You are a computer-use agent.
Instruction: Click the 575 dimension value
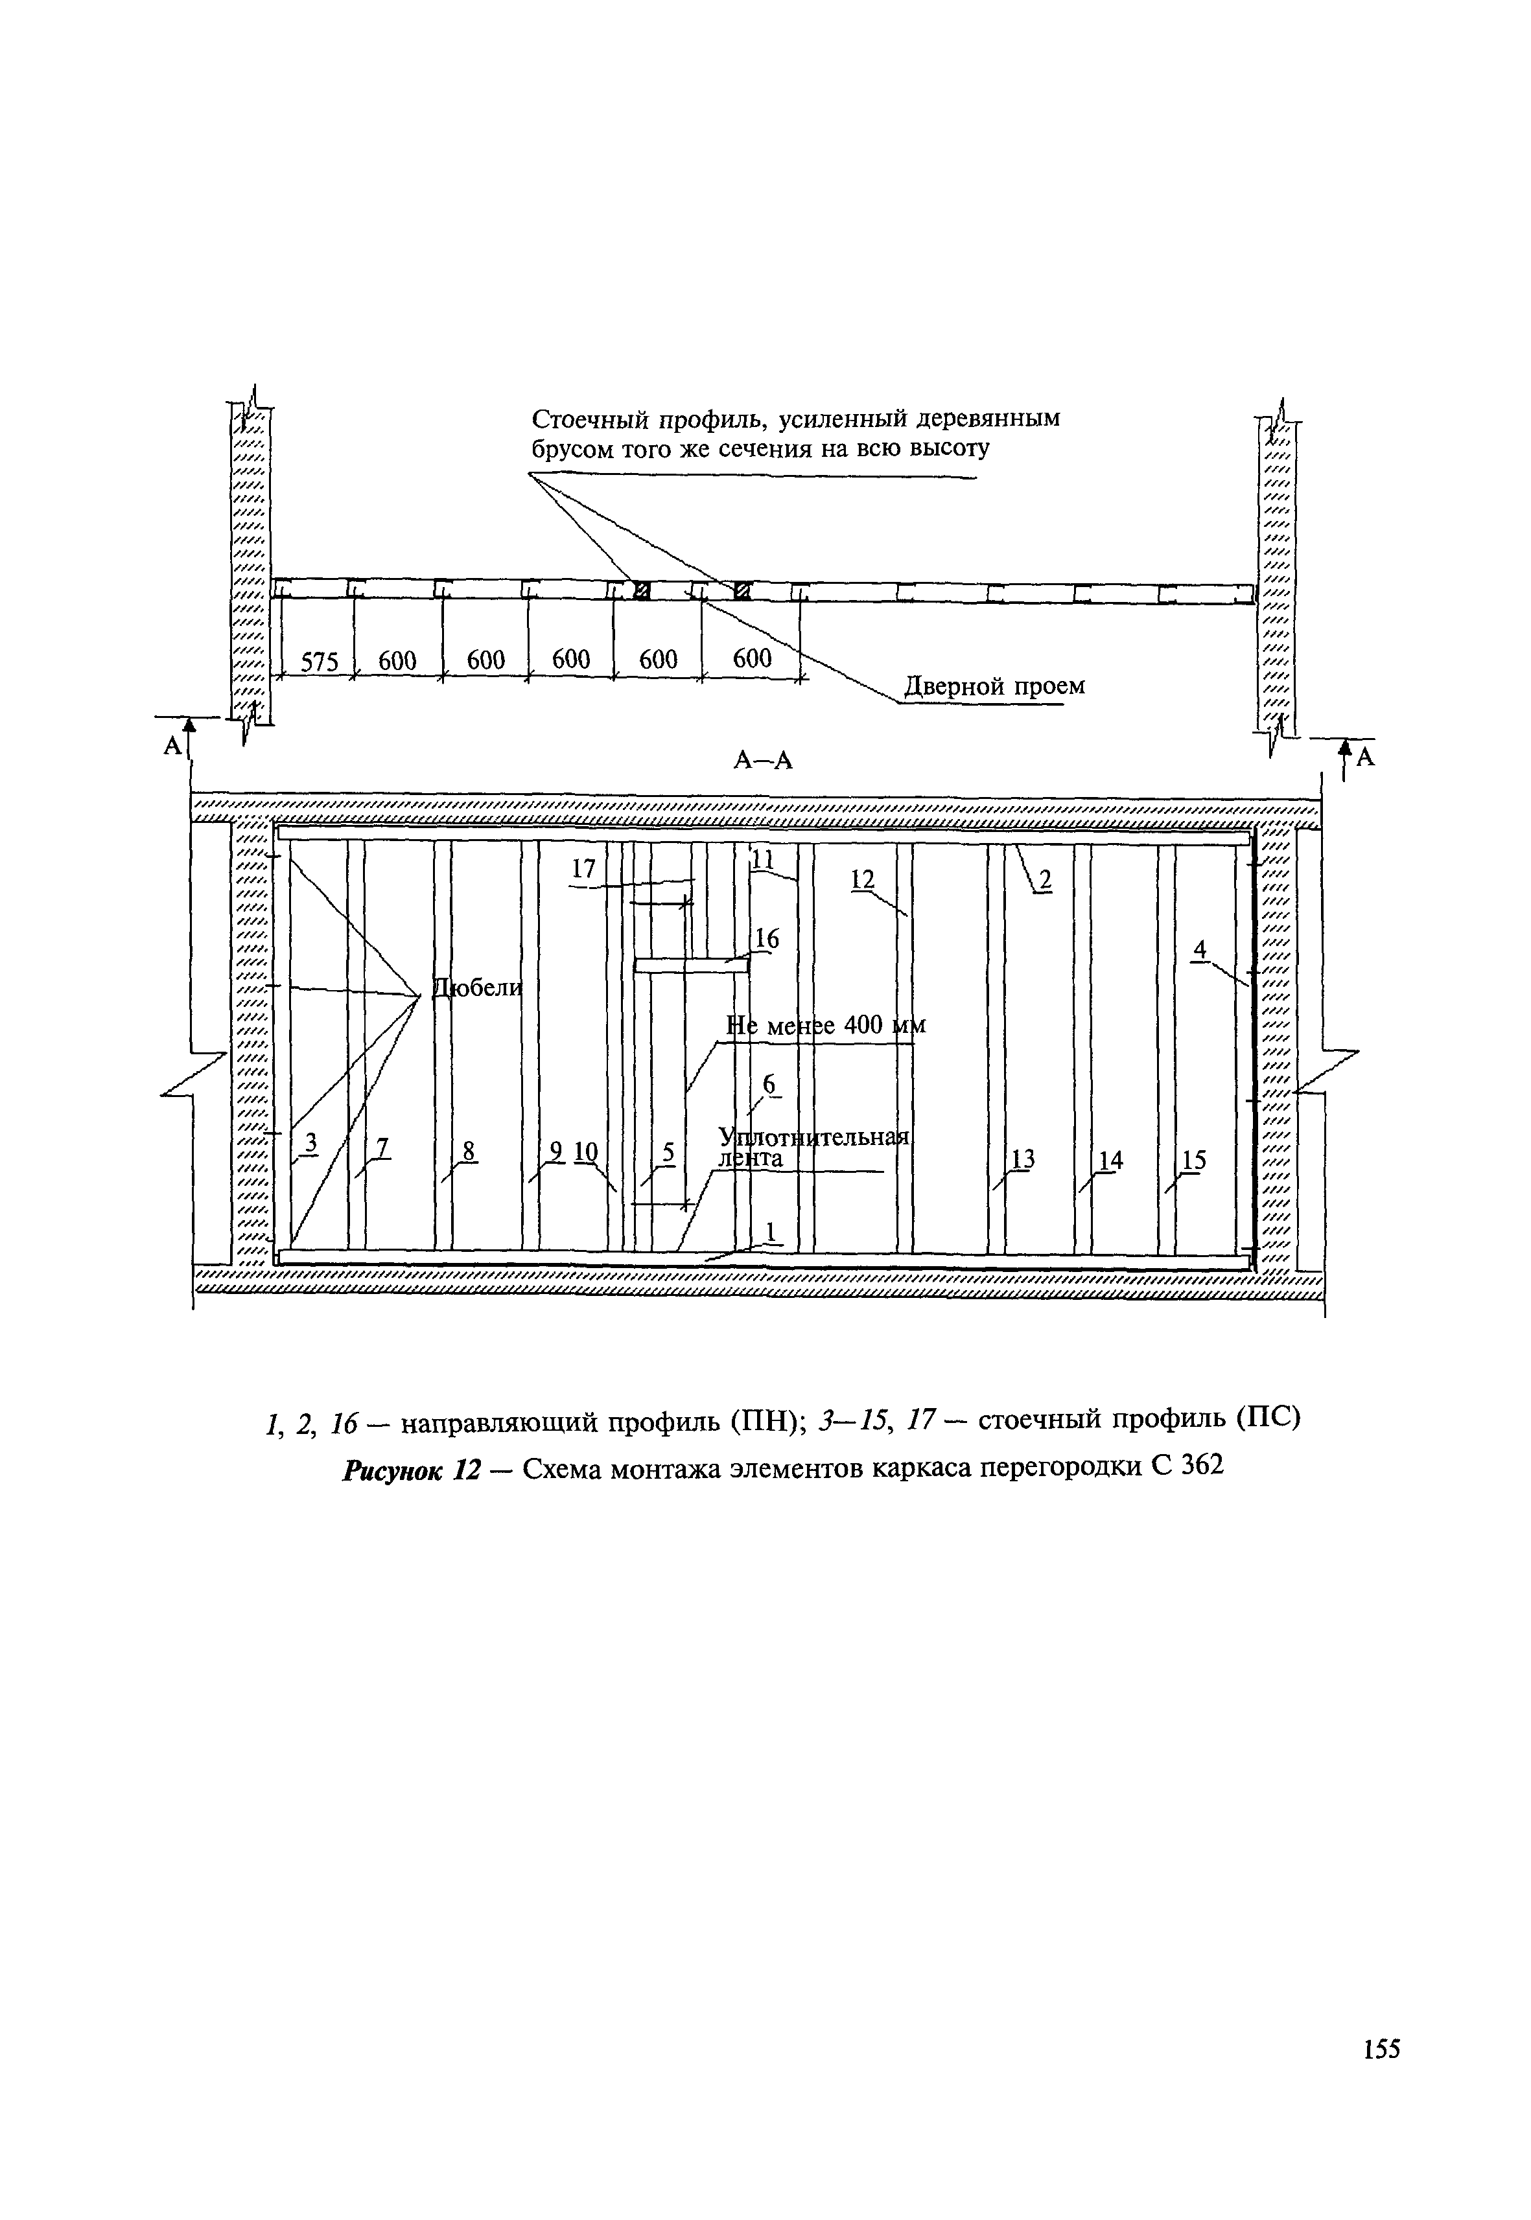click(x=320, y=662)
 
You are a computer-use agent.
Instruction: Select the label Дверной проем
click(x=995, y=687)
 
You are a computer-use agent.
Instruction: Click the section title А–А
click(x=764, y=759)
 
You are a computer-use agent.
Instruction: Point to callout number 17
click(x=583, y=869)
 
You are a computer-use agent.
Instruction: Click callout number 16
click(x=766, y=940)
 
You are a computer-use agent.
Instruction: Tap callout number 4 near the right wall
click(x=1199, y=949)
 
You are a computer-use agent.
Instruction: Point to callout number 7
click(x=382, y=1147)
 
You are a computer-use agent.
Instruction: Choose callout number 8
click(x=468, y=1149)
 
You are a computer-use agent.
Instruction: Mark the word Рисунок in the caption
click(x=393, y=1470)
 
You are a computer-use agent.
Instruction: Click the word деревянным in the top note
click(x=989, y=419)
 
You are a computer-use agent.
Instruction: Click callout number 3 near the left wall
click(x=310, y=1143)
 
